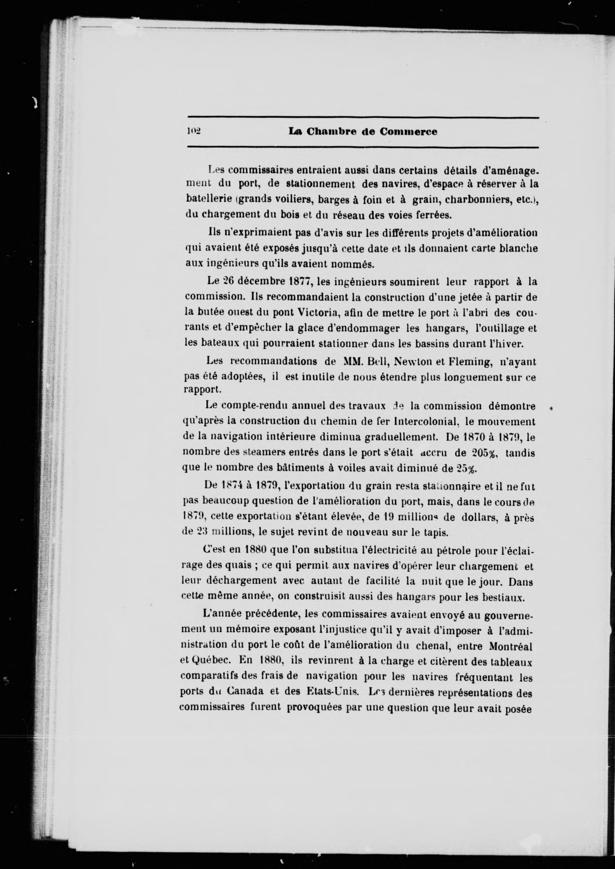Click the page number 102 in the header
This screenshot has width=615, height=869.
(194, 132)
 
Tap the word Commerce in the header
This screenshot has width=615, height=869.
(408, 132)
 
